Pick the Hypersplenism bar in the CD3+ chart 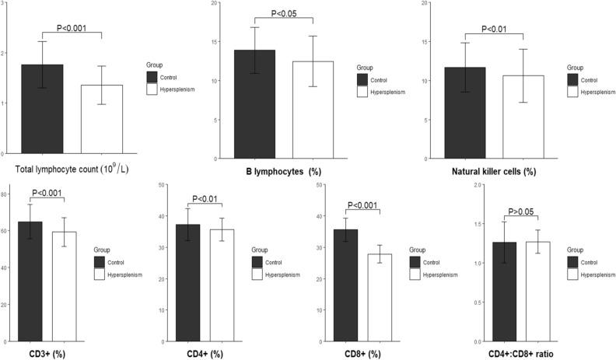[64, 287]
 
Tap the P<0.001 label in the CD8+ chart [362, 205]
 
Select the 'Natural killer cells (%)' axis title [495, 167]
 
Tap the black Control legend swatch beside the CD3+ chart [100, 260]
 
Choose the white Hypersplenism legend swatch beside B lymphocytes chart [362, 92]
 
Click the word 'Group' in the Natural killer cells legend [575, 68]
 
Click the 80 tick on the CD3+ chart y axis [7, 194]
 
